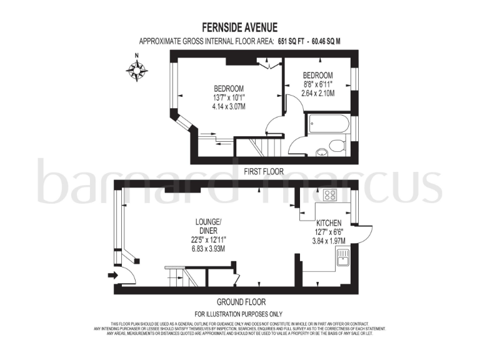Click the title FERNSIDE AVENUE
click(x=239, y=27)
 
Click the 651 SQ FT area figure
click(x=296, y=42)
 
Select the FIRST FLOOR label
click(x=264, y=171)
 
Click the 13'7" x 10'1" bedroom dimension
click(x=229, y=97)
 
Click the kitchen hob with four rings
click(x=329, y=195)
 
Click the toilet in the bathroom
click(x=336, y=146)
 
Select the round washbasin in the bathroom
click(x=321, y=151)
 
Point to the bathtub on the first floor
click(x=326, y=123)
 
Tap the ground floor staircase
click(x=181, y=276)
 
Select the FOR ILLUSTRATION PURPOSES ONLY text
click(x=239, y=314)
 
